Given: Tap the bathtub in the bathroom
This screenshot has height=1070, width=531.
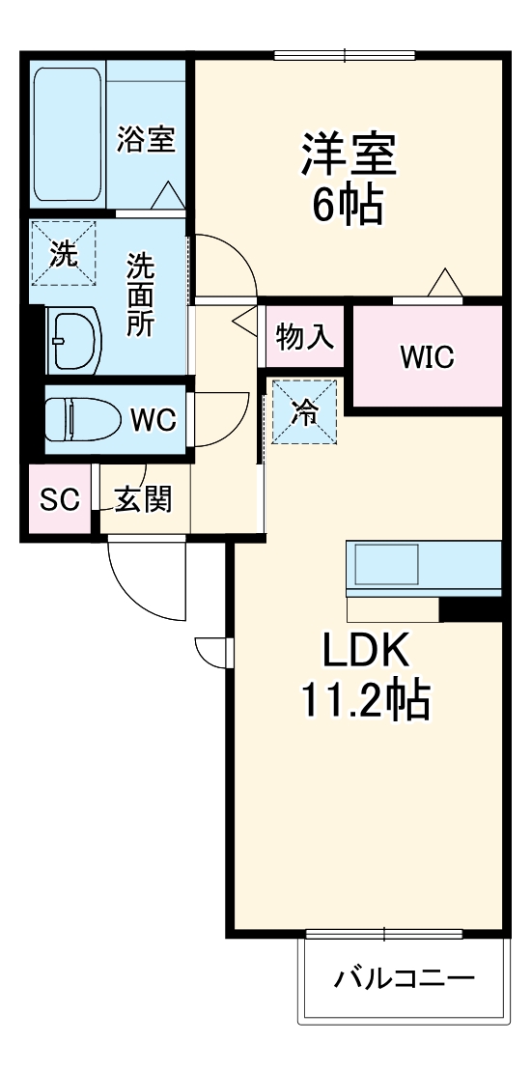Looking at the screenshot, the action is [x=67, y=133].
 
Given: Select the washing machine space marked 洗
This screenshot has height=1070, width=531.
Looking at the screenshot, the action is [x=63, y=254].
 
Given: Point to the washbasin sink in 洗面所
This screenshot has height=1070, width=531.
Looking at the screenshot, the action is [x=73, y=341].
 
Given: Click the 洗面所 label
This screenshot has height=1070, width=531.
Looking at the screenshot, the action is [x=141, y=295].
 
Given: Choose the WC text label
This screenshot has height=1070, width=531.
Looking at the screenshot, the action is [x=154, y=420].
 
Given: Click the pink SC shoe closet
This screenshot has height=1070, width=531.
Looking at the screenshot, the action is [x=60, y=499].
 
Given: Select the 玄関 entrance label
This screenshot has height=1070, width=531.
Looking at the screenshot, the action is [x=143, y=501].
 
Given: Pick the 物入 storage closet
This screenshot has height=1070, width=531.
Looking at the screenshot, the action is [x=305, y=336].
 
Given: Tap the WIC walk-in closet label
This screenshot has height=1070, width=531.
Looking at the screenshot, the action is [x=428, y=357].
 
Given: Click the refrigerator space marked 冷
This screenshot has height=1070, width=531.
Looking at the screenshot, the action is [x=304, y=410].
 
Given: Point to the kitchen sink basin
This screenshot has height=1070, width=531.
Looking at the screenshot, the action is [x=386, y=564].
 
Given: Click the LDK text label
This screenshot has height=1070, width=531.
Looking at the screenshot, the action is [x=366, y=652].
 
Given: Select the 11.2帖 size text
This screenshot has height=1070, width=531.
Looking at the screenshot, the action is [x=367, y=700].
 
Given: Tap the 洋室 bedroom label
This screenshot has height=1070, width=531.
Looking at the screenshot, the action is [x=349, y=155].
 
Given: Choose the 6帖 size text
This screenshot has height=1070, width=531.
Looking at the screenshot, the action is [x=348, y=204].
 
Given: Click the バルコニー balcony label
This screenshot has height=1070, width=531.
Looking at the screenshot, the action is [x=404, y=980].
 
